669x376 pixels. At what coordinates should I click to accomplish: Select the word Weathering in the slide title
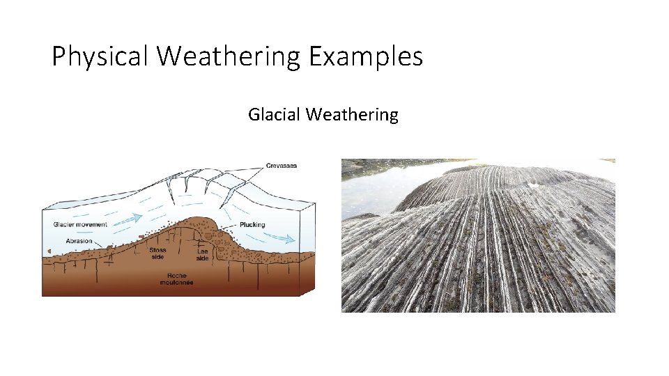point(229,56)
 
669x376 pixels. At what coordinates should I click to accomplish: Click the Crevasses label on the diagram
point(281,166)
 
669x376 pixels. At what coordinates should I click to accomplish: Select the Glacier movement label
point(80,224)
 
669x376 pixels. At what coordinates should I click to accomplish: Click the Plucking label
point(252,225)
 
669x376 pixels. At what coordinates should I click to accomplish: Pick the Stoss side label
point(157,253)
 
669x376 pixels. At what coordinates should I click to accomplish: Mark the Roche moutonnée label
point(176,279)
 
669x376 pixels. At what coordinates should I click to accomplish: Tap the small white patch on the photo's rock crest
point(535,185)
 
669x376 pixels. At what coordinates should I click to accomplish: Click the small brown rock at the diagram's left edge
point(49,250)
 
